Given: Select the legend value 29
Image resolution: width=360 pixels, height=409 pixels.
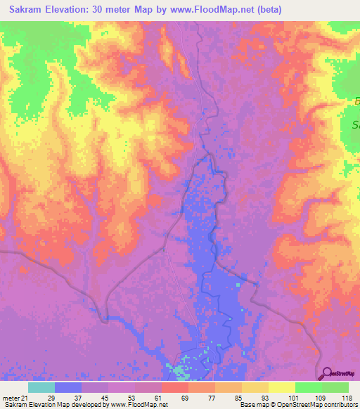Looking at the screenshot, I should tap(51, 397).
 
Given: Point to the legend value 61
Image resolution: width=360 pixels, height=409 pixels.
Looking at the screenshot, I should tap(157, 397).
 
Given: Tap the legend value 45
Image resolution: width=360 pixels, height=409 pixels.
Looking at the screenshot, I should tap(104, 397).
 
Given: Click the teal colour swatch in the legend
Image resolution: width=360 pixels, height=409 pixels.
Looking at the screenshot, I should tap(41, 387).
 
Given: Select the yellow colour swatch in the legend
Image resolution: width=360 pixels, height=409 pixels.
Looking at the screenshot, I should tap(281, 387).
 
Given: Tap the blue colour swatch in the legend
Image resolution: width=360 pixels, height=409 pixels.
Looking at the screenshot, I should tap(68, 387).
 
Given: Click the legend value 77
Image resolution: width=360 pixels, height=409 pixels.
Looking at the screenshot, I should tap(211, 397).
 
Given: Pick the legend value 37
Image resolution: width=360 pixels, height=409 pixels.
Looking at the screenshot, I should tap(77, 397).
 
